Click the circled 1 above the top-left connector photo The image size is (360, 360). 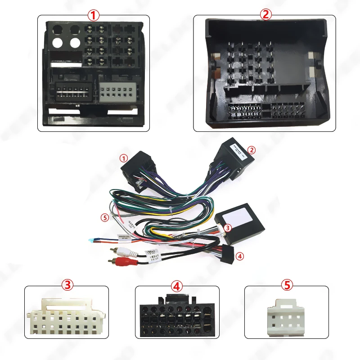point(93,15)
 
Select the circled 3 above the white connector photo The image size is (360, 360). point(67,285)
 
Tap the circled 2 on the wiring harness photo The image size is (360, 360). point(252,149)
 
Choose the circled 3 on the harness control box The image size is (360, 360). point(228,228)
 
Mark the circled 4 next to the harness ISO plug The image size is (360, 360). point(240,256)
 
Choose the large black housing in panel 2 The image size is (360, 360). point(265,74)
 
